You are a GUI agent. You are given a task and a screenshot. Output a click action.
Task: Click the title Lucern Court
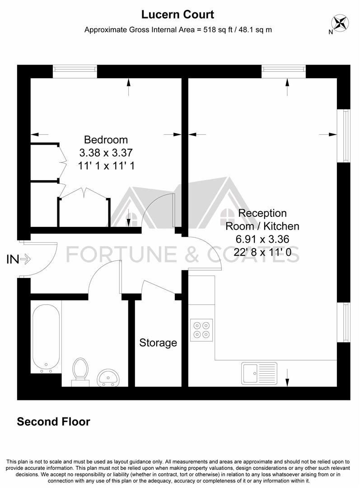pyautogui.click(x=178, y=14)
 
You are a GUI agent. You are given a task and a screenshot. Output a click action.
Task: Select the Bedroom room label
pyautogui.click(x=106, y=140)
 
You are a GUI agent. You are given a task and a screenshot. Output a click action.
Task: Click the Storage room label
pyautogui.click(x=158, y=343)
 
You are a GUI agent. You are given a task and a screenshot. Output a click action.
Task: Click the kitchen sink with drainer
pyautogui.click(x=259, y=373)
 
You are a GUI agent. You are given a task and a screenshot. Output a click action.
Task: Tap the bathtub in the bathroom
pyautogui.click(x=46, y=336)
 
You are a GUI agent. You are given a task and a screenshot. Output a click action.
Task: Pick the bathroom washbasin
pyautogui.click(x=108, y=377)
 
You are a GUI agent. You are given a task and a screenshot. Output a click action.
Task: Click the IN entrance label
pyautogui.click(x=13, y=259)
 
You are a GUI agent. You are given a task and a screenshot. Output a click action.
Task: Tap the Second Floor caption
pyautogui.click(x=53, y=422)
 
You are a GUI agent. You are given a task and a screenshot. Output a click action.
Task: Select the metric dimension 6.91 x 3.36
pyautogui.click(x=262, y=239)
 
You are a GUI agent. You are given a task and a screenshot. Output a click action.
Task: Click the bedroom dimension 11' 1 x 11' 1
pyautogui.click(x=106, y=166)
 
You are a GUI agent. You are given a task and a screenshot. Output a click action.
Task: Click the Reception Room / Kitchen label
pyautogui.click(x=262, y=219)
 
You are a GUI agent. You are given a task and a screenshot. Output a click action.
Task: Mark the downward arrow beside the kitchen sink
pyautogui.click(x=287, y=376)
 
